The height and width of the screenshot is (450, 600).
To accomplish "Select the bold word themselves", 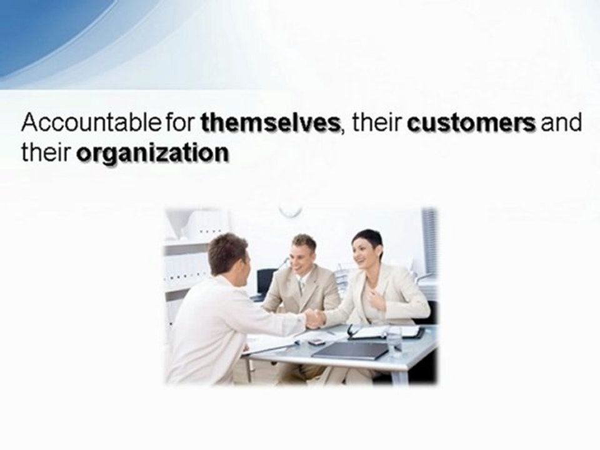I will tap(270, 122).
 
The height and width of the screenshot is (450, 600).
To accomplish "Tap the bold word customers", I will tap(471, 122).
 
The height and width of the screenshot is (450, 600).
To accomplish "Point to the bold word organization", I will tap(152, 154).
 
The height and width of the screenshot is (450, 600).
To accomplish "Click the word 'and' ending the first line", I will tap(561, 122).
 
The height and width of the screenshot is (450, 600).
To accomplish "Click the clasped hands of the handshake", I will tap(314, 319).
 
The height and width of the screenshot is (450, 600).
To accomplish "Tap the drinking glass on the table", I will tap(394, 341).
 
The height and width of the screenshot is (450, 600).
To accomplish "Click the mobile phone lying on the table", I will tap(317, 342).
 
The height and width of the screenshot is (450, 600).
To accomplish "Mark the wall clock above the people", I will tap(290, 210).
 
